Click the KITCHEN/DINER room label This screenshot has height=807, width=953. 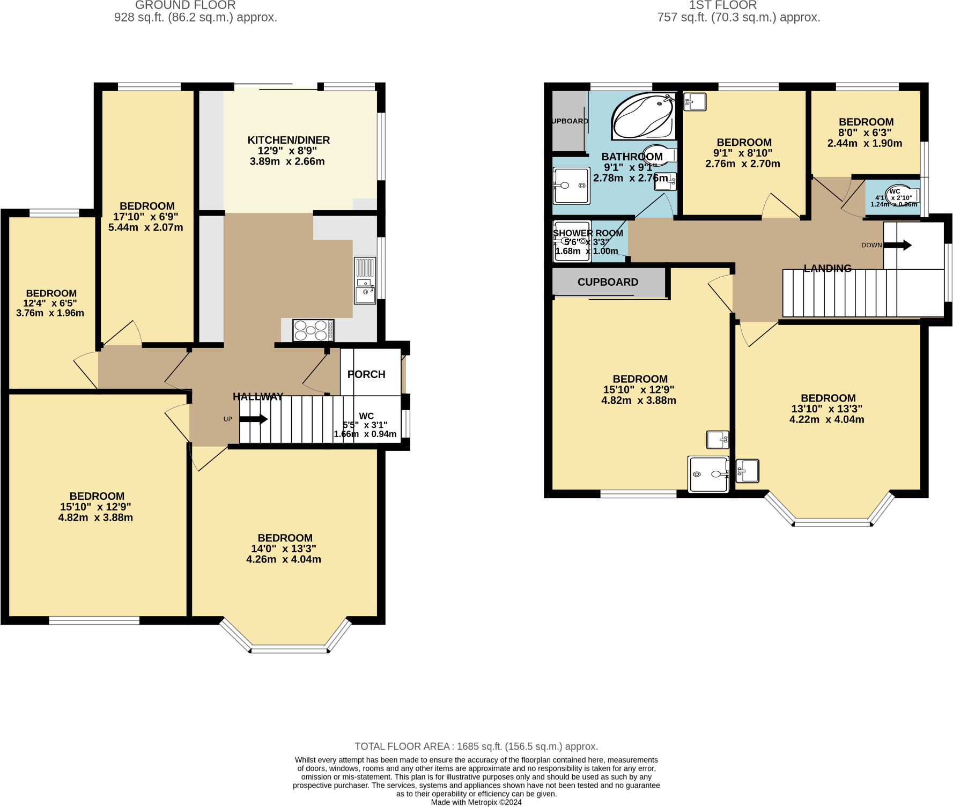coord(289,140)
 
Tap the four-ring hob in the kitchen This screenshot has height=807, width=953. coord(313,330)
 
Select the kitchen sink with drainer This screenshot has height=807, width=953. coord(365,281)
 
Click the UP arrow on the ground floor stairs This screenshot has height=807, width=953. coord(253,419)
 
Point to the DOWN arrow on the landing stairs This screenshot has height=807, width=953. coord(897,245)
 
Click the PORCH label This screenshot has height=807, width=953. coord(366,374)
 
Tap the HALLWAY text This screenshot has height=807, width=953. coord(258,397)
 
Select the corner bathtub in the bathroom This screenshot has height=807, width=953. coord(643,116)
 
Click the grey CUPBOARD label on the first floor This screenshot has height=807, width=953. coord(608,282)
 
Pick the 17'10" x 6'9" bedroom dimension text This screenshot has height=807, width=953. coord(146,217)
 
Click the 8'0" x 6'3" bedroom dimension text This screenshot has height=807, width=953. coord(865,132)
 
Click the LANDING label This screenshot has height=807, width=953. coord(827,268)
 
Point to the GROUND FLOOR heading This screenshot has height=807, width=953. coord(185,5)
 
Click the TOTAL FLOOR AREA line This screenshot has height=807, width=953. coord(476,746)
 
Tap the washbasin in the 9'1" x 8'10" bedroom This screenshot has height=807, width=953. coord(695,101)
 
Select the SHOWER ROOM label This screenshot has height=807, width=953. coord(588,233)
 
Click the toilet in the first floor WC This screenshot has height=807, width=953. coord(900,194)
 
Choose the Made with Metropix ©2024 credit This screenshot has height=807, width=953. coord(476,802)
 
